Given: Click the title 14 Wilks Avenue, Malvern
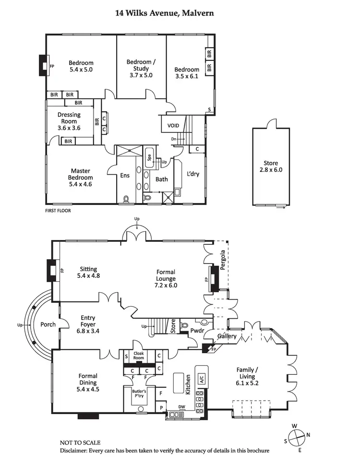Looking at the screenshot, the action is tap(164, 13).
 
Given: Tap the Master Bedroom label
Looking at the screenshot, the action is tap(81, 174).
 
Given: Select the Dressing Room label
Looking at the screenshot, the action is tap(69, 118).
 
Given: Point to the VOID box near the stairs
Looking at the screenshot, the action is tap(173, 126).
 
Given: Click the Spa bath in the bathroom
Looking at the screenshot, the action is tap(149, 157).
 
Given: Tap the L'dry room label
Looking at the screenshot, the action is tap(193, 174).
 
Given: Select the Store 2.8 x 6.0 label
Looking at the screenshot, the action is tap(270, 166).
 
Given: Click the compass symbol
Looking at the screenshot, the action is tap(298, 436).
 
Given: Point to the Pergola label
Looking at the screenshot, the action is tap(223, 261).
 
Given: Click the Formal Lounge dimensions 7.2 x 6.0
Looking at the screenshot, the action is tap(166, 285).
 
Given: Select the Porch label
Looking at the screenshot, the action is tap(48, 324).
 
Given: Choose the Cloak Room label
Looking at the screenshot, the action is tap(139, 356).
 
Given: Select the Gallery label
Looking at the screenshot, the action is tap(227, 336).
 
